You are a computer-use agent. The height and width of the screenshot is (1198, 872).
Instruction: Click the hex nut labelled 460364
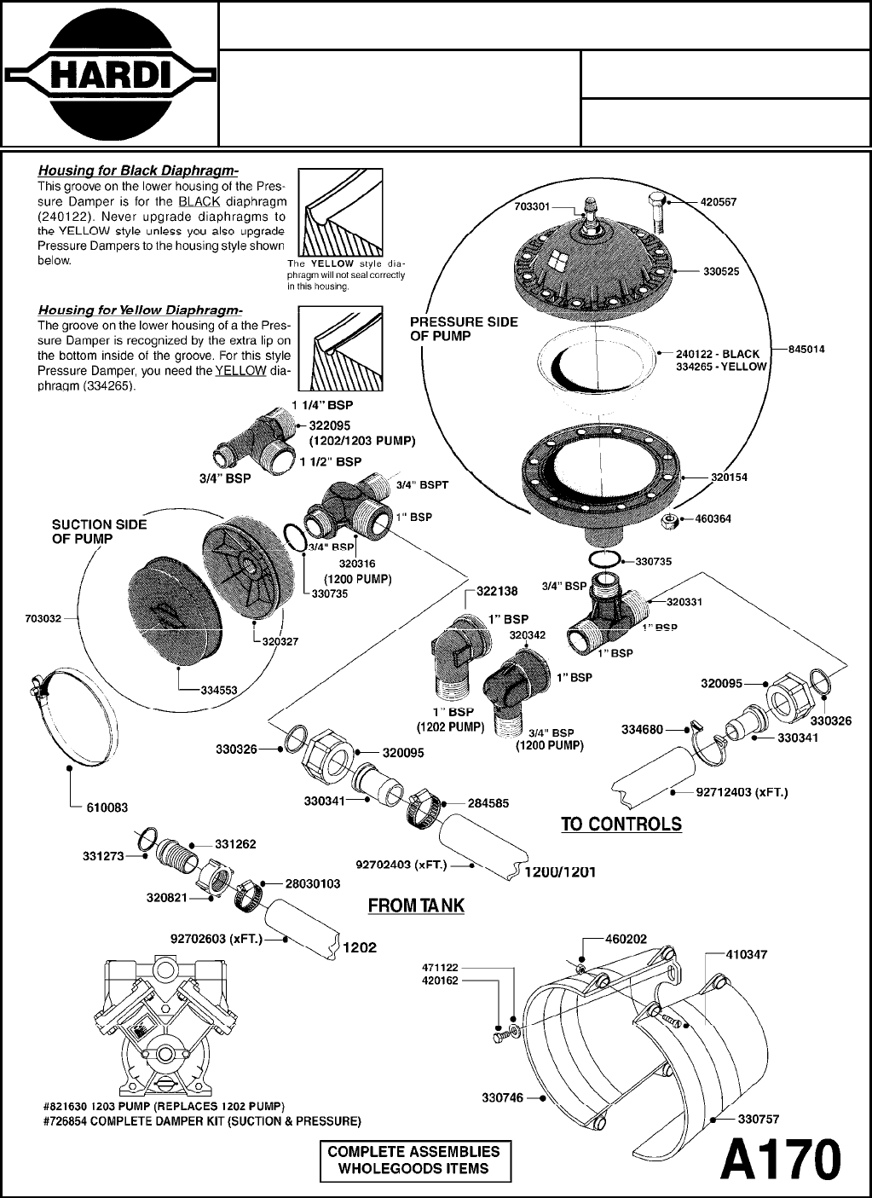click(670, 519)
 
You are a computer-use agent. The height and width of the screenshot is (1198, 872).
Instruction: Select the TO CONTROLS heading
click(621, 824)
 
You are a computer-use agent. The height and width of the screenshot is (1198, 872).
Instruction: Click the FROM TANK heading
click(416, 905)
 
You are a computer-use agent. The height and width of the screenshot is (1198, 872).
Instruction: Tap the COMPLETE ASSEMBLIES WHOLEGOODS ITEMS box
click(415, 1160)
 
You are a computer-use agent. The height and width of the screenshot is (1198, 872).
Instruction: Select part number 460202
click(626, 939)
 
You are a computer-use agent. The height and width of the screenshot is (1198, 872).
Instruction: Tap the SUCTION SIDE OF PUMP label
click(99, 532)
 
